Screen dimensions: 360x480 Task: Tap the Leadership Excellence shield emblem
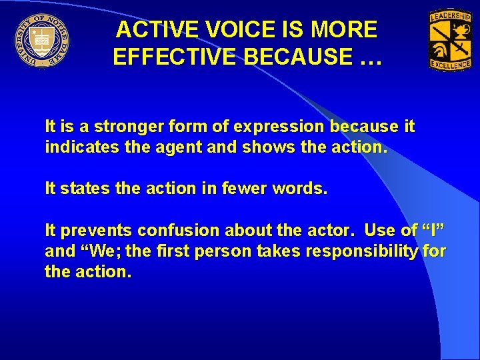click(451, 40)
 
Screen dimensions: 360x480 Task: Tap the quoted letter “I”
click(433, 231)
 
